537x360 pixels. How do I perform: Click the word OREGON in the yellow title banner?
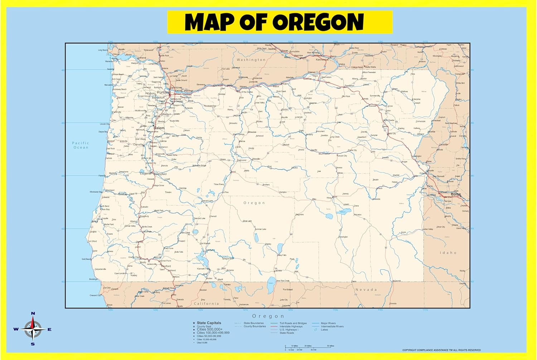tap(318, 22)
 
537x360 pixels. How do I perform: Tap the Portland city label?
tap(164, 92)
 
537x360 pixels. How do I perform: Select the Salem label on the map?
tap(159, 128)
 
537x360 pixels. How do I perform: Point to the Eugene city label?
tap(145, 173)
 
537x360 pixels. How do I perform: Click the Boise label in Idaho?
tap(456, 194)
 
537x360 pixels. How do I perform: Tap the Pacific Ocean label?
tap(81, 145)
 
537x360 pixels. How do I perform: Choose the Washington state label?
tap(251, 60)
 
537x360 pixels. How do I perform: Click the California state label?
tap(206, 303)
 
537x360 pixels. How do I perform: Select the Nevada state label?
tap(366, 289)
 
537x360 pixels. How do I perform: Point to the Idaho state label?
tap(448, 253)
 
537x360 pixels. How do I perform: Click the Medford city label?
tap(166, 266)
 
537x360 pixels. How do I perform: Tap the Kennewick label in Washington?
tap(322, 59)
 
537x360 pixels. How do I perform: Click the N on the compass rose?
tap(33, 313)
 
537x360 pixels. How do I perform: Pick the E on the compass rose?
tap(49, 330)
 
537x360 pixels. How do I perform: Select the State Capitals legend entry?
tap(209, 323)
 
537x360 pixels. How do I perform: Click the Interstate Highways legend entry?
tap(291, 326)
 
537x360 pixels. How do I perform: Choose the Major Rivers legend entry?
tap(328, 323)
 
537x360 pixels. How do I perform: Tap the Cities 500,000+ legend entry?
tap(209, 329)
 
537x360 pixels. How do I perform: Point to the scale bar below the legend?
tap(308, 347)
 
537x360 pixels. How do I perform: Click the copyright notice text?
tap(441, 350)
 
